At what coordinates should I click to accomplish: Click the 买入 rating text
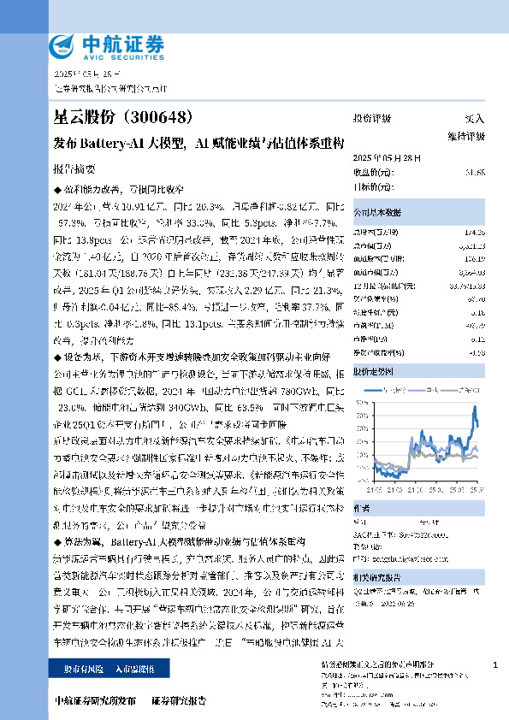(474, 119)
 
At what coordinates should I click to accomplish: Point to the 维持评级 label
(465, 135)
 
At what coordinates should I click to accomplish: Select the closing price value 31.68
(475, 172)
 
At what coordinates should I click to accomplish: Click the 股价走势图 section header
(372, 372)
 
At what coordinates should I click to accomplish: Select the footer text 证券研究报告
(178, 699)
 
